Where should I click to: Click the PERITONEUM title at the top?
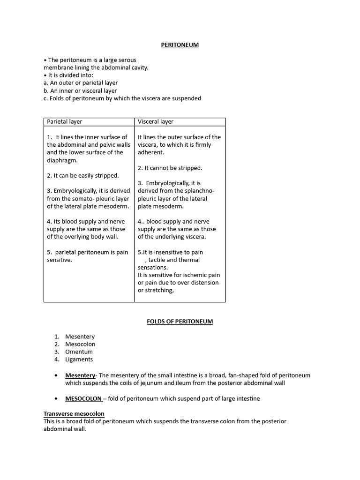pyautogui.click(x=180, y=45)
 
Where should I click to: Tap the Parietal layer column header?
pyautogui.click(x=65, y=122)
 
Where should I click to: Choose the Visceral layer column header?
pyautogui.click(x=156, y=122)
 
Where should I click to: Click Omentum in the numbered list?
pyautogui.click(x=79, y=352)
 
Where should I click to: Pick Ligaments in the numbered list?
pyautogui.click(x=79, y=360)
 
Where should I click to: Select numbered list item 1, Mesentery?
pyautogui.click(x=80, y=337)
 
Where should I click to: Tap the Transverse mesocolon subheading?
pyautogui.click(x=74, y=414)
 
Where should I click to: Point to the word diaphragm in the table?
pyautogui.click(x=62, y=160)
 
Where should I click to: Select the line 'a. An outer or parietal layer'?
pyautogui.click(x=81, y=83)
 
